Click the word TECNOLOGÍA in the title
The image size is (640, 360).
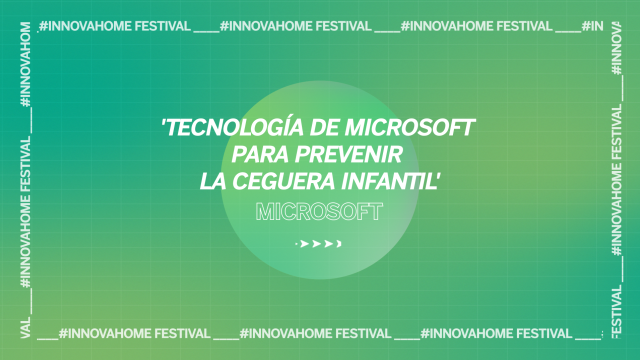pos(234,127)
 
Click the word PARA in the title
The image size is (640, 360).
pos(260,154)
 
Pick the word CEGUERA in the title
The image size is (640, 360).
pos(283,181)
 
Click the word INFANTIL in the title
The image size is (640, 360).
pos(387,181)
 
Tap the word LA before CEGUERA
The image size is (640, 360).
pos(213,181)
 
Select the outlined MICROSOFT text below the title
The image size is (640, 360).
pos(319,211)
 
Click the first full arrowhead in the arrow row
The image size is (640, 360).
pos(304,243)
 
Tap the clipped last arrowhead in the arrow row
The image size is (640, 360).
pos(339,243)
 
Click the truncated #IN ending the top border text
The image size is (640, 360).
pos(592,26)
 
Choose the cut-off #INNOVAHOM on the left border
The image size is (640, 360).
pos(25,64)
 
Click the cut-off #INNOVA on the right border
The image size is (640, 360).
pos(616,48)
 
